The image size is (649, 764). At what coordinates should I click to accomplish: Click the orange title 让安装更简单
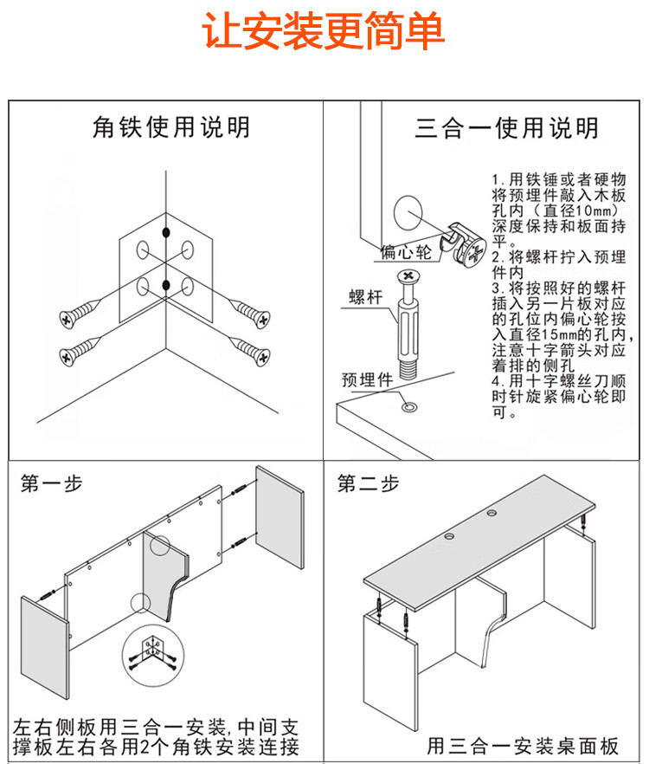(324, 33)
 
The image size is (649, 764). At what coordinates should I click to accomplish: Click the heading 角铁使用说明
(171, 128)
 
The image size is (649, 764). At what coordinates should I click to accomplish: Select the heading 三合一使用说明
(506, 129)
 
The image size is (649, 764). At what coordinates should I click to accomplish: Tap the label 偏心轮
(406, 252)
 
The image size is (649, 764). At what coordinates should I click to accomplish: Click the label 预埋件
(367, 379)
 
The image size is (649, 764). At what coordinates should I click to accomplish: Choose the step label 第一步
(52, 483)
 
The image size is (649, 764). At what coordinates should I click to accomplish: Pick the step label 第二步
(369, 483)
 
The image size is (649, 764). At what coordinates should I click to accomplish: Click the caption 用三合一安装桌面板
(523, 746)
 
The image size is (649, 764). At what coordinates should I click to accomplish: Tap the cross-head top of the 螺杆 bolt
(408, 278)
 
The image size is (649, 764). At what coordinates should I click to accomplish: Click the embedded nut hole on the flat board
(407, 405)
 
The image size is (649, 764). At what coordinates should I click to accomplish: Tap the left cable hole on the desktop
(452, 538)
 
